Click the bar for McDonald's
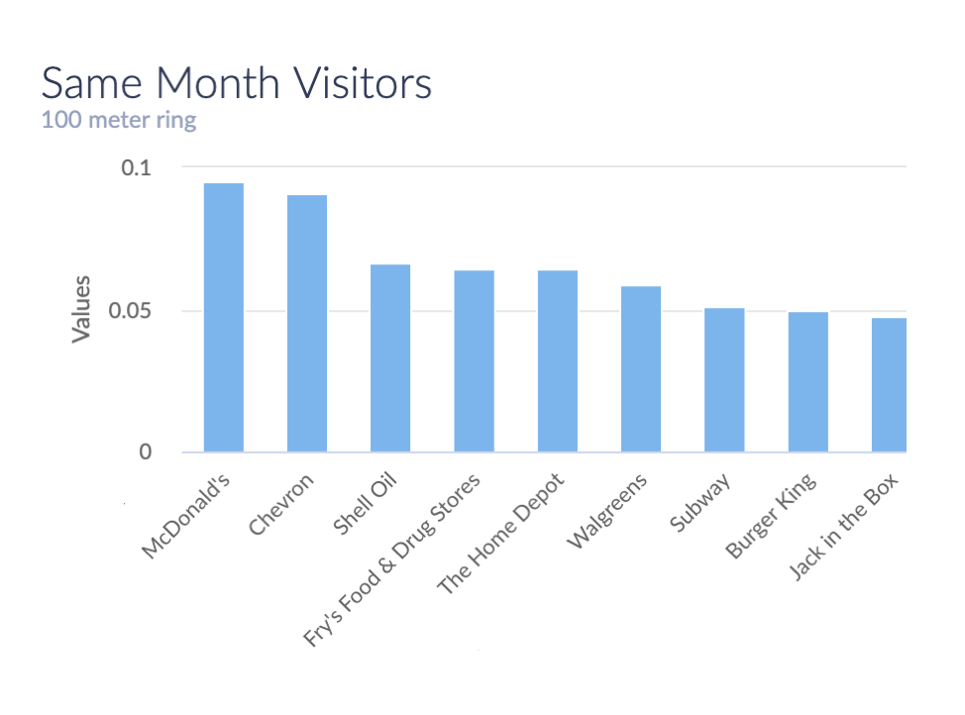pos(223,318)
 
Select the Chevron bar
pos(307,324)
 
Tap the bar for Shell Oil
pos(390,358)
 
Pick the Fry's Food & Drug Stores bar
pos(474,361)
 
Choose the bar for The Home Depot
pos(558,361)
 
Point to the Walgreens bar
pos(641,369)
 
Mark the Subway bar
pos(724,380)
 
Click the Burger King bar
pos(807,382)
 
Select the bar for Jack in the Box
pos(889,385)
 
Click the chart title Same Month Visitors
pos(237,83)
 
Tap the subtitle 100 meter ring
pos(119,121)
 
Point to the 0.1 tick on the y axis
pos(137,168)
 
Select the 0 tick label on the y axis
pos(146,453)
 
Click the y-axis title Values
pos(80,309)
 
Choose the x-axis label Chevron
pos(281,505)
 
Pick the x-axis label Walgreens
pos(607,510)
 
